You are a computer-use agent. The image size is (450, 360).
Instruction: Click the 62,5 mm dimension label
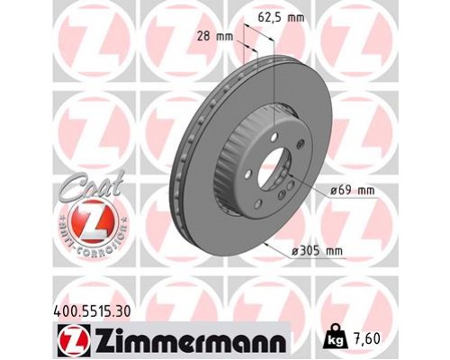(x=282, y=15)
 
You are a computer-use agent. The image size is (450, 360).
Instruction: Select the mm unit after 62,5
(x=296, y=15)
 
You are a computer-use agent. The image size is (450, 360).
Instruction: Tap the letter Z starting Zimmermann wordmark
(x=101, y=339)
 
